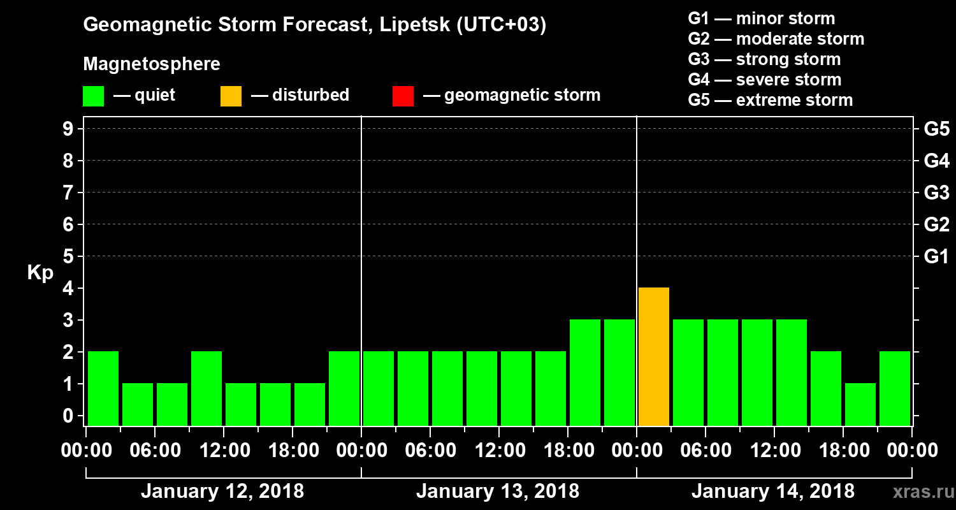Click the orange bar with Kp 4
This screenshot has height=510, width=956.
[x=654, y=356]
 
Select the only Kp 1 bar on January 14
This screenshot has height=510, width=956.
[x=860, y=404]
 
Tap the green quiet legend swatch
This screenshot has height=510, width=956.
[x=94, y=96]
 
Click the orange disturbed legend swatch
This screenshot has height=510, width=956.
[x=231, y=96]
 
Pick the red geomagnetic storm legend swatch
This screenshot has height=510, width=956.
[x=403, y=96]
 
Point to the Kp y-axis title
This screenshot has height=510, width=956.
[x=40, y=273]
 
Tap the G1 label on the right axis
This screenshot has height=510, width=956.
[x=936, y=257]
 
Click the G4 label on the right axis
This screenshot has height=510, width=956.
[x=936, y=161]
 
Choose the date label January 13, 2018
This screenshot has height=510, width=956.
[x=498, y=492]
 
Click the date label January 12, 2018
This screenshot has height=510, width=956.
[x=222, y=492]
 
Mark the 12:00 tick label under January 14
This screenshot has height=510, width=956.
[x=774, y=451]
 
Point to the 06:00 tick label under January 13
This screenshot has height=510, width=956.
[x=430, y=451]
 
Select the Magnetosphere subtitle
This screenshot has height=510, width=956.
[x=152, y=64]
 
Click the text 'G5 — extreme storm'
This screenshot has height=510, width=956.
[x=771, y=100]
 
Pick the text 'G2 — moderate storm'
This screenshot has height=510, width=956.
[x=776, y=39]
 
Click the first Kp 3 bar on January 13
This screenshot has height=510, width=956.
[x=585, y=372]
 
